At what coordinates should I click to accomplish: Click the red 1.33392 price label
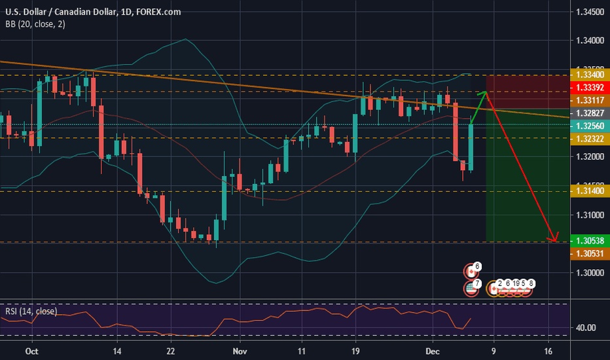click(x=589, y=87)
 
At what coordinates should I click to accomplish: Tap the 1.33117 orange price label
click(x=589, y=99)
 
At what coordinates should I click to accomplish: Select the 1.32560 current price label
click(x=589, y=126)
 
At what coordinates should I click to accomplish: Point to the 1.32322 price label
click(x=589, y=138)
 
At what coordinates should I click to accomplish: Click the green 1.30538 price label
click(x=589, y=240)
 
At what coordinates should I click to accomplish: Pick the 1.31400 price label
click(x=589, y=192)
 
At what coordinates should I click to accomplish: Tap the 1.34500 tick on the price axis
click(x=589, y=12)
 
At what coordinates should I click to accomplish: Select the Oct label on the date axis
click(x=30, y=351)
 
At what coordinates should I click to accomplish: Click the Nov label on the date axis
click(x=240, y=351)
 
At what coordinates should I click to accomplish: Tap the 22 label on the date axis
click(x=170, y=351)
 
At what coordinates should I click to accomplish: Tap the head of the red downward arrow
click(x=556, y=240)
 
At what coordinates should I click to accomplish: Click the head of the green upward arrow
click(x=485, y=93)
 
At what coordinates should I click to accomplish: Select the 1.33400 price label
click(x=589, y=75)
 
